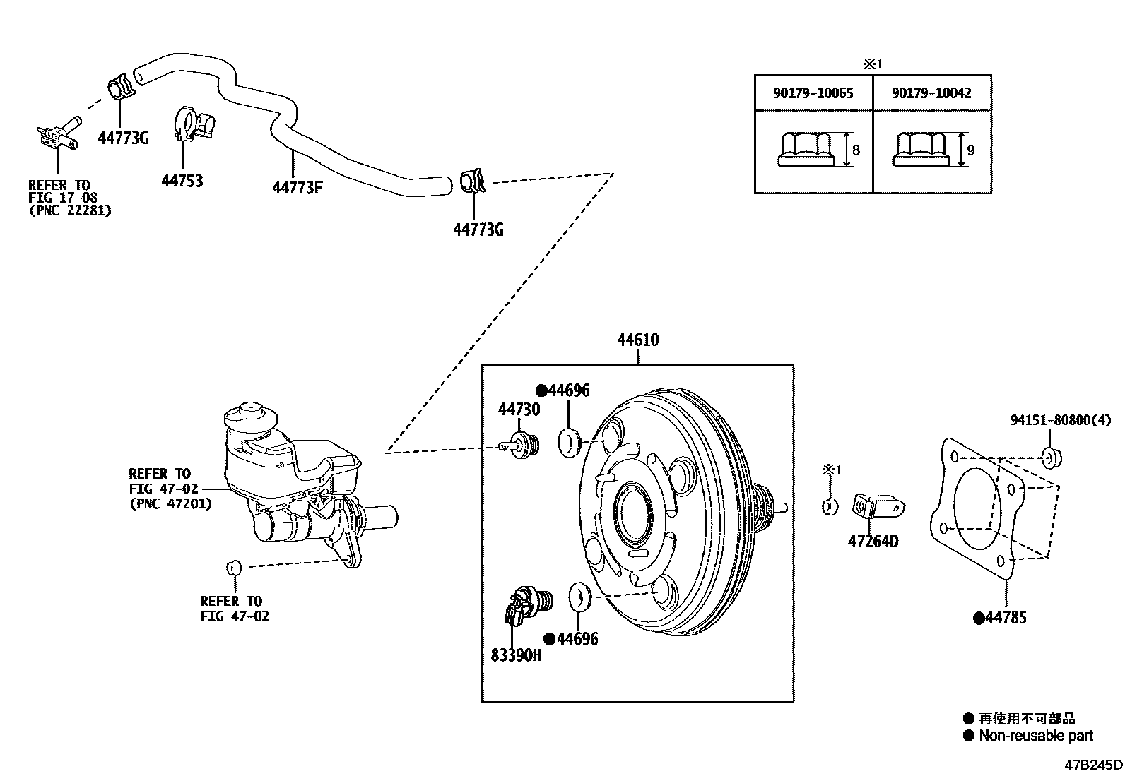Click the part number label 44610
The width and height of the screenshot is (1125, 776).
coord(637,340)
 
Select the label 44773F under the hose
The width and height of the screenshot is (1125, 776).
coord(298,187)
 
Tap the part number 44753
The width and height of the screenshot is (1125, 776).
coord(182,181)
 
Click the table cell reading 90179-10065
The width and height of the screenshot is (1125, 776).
coord(813,93)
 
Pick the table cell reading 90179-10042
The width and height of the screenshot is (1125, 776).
coord(931,93)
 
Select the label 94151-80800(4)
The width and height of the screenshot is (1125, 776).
coord(1060,420)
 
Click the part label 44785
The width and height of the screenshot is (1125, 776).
coord(1006,618)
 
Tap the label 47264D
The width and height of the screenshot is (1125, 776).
coord(873,542)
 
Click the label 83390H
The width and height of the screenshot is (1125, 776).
coord(516,655)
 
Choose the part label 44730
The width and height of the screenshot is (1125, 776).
coord(519,410)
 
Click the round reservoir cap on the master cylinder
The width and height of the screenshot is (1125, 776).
coord(252,412)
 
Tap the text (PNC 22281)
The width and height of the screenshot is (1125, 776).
coord(70,210)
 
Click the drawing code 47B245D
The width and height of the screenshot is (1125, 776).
coord(1094,765)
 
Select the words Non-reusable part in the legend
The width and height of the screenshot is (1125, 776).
coord(1035,736)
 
